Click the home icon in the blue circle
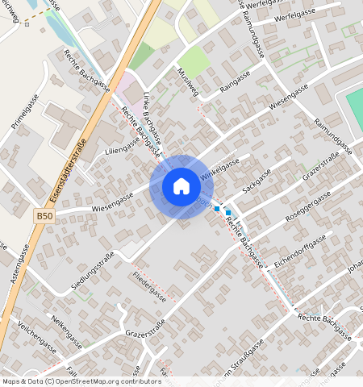(x=181, y=187)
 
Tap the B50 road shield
(x=45, y=216)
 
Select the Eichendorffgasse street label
(x=299, y=249)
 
